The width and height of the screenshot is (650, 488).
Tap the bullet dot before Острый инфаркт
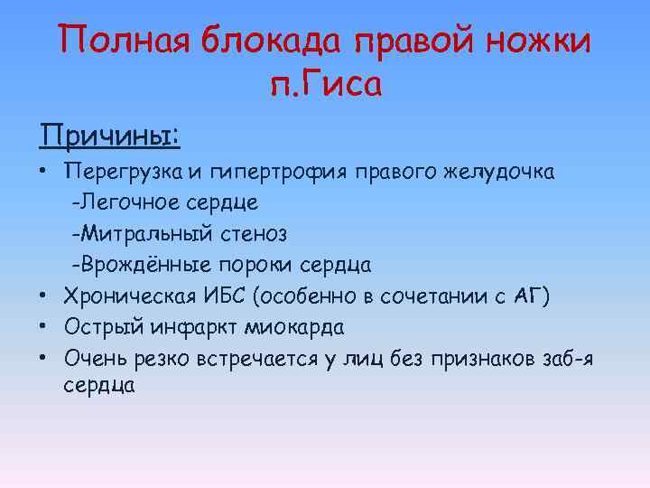pyautogui.click(x=42, y=326)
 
